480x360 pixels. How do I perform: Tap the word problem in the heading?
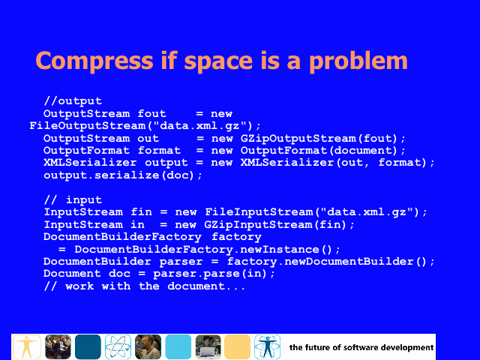coord(358,61)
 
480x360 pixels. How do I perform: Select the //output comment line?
coord(73,101)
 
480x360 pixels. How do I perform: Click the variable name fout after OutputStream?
coord(151,113)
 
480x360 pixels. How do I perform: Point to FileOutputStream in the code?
coord(87,126)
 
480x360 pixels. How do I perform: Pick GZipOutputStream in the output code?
coord(298,138)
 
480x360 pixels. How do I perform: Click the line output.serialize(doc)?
coord(123,175)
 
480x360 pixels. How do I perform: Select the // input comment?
coord(73,200)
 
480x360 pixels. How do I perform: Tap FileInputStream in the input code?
coord(259,211)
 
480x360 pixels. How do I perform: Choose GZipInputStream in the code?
coord(258,225)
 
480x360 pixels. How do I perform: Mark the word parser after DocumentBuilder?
coord(181,262)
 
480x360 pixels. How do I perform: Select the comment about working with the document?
coord(145,286)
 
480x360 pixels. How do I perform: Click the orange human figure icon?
coord(27,346)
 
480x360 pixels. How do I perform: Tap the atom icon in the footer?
coord(118,346)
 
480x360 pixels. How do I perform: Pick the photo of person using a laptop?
coord(208,346)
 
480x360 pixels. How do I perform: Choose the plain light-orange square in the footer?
coord(237,346)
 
